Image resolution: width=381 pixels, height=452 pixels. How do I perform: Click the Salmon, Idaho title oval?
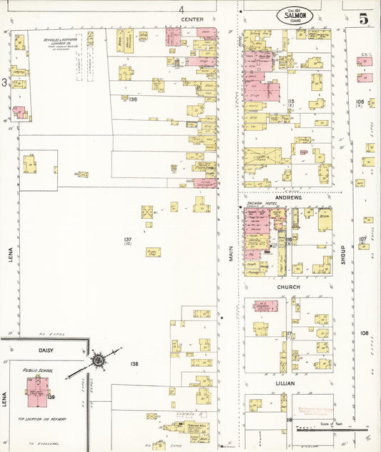(295, 16)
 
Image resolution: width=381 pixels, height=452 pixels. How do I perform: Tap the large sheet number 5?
(363, 19)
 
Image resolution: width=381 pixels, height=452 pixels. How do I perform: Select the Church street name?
(289, 287)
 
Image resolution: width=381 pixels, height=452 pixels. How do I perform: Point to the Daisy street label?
(46, 350)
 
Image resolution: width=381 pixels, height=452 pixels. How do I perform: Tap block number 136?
(132, 99)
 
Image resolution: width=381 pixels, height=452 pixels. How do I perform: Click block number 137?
(127, 240)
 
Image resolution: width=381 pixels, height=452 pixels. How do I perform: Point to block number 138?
(134, 364)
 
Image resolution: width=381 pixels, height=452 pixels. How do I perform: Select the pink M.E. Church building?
(265, 307)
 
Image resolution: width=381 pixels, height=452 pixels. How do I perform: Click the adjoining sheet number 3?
(4, 83)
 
